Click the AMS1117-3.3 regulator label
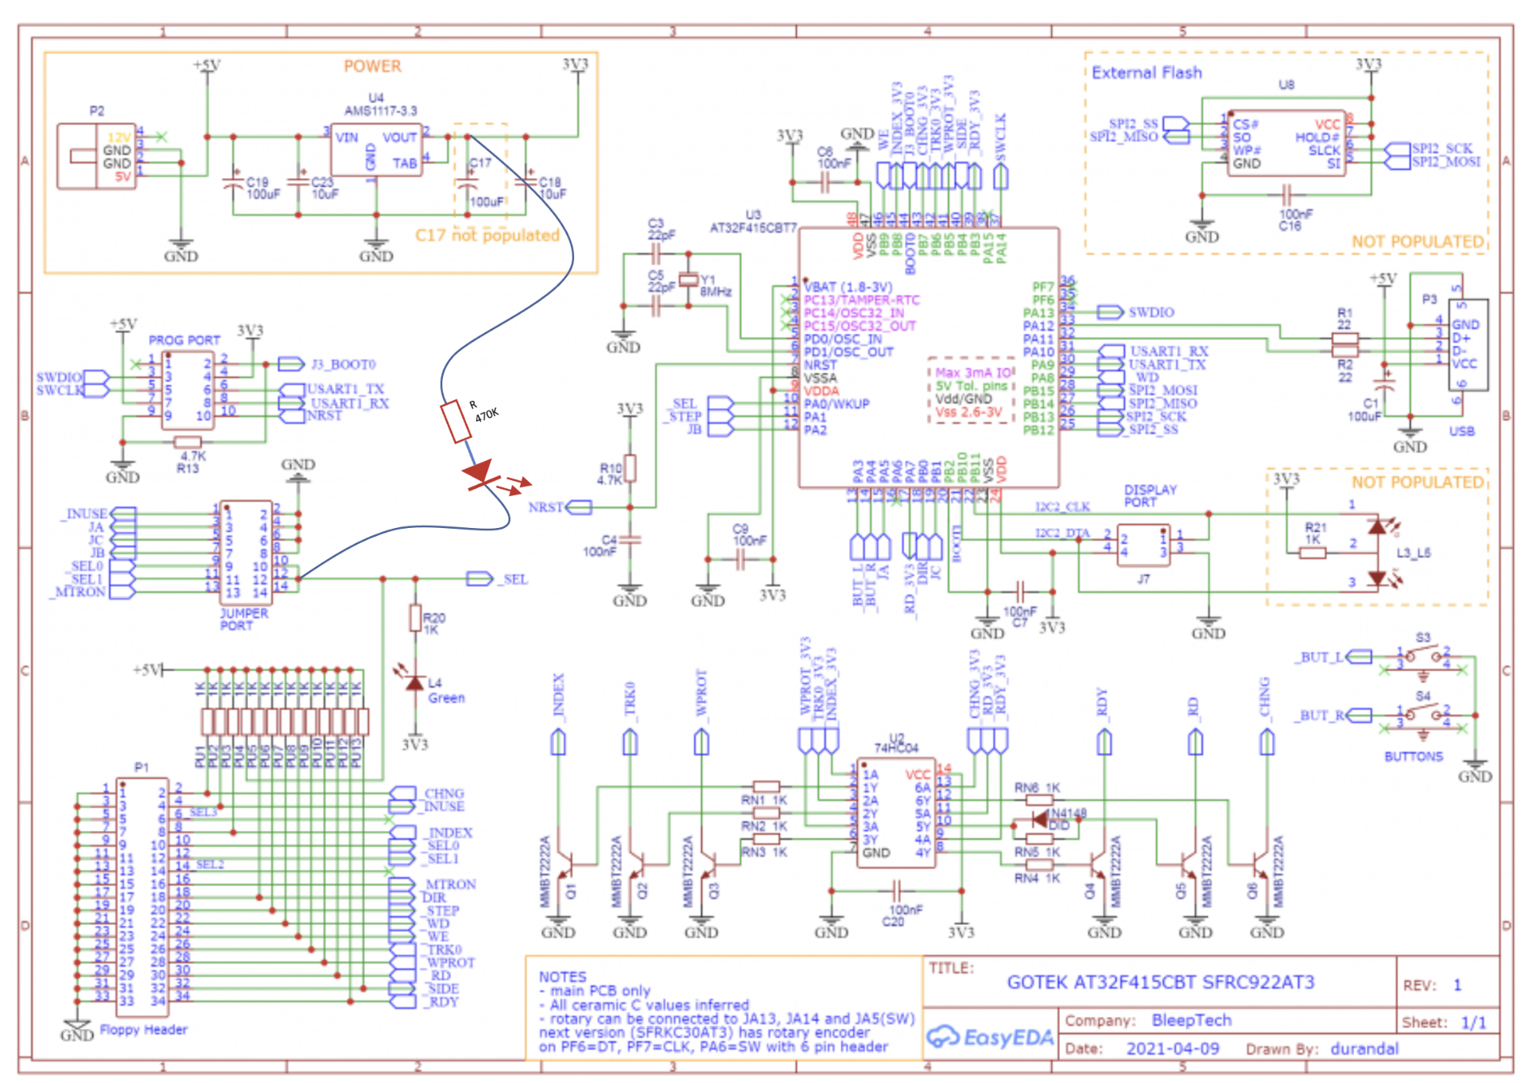(x=380, y=111)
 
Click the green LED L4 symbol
(x=414, y=682)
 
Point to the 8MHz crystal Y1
(x=689, y=280)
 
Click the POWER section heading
(x=372, y=67)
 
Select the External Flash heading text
(x=1146, y=73)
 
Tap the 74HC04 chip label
(x=896, y=747)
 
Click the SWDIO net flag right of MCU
(x=1110, y=312)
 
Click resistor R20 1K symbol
(x=415, y=618)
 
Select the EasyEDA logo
(x=990, y=1037)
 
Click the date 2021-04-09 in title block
(x=1172, y=1049)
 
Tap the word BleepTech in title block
(x=1191, y=1020)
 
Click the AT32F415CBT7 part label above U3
(x=753, y=228)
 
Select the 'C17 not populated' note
(x=487, y=235)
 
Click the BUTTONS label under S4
(x=1413, y=756)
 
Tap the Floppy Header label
(x=143, y=1030)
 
